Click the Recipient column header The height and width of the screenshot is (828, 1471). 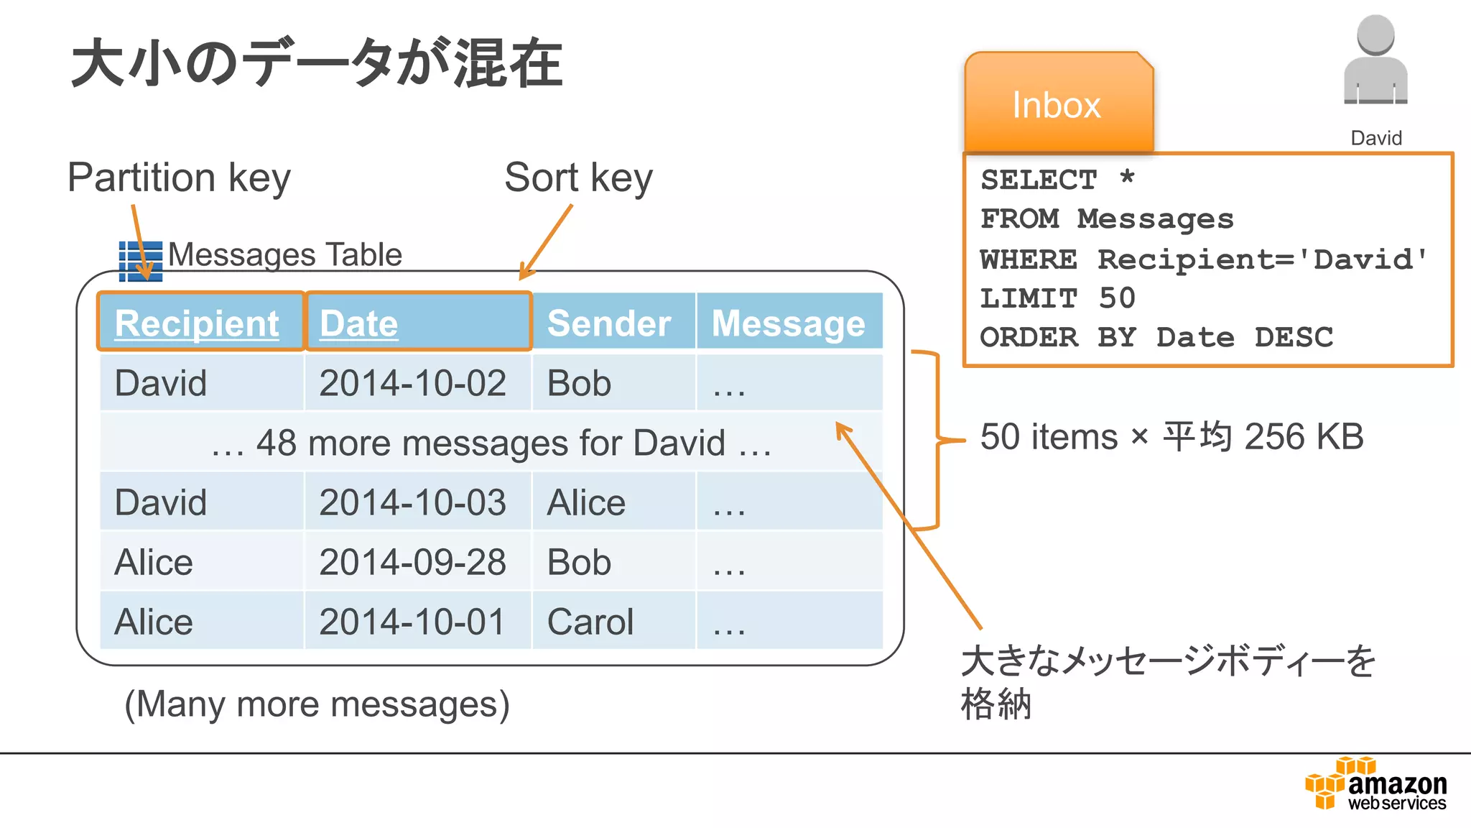(197, 323)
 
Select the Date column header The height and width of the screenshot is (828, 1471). (358, 323)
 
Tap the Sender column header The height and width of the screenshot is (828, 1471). (609, 323)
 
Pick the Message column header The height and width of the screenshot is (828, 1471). (788, 323)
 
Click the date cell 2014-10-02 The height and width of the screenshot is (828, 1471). (412, 383)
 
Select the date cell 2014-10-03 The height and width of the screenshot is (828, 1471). (412, 502)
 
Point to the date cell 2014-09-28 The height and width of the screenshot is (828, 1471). (412, 562)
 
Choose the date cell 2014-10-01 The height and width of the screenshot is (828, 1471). (412, 622)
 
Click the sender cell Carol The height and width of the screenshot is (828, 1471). (590, 622)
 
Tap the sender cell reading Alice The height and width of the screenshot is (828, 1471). (586, 502)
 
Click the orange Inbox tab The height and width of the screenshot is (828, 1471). (1057, 105)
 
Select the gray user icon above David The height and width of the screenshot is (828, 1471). (1375, 62)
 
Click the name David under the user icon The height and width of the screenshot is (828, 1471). (1376, 138)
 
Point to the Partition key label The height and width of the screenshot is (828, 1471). (179, 178)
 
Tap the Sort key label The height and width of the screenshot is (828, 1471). (578, 178)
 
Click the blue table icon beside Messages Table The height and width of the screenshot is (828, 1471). (141, 261)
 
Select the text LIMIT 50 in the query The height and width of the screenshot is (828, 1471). (1057, 298)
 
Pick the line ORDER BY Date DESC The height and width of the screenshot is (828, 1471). (1156, 337)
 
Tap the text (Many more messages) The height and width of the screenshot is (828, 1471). (317, 704)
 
